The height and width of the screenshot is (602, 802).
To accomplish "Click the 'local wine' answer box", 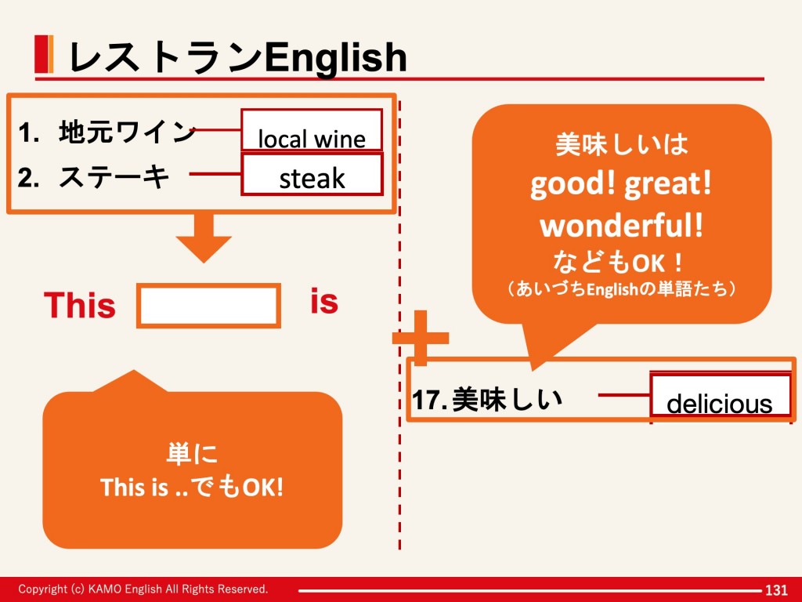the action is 312,130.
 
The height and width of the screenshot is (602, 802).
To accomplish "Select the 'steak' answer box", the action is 312,174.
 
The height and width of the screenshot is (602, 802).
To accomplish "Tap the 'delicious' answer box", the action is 721,395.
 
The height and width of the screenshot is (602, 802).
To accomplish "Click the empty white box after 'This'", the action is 208,306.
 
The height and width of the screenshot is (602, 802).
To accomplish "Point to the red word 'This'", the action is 80,305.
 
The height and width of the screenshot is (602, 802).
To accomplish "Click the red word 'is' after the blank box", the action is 324,301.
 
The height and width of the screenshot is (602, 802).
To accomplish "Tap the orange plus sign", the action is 421,338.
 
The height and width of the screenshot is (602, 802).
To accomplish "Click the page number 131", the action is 776,589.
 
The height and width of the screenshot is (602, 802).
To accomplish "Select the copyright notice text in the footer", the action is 143,589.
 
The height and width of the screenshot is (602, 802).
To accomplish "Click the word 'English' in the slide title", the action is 335,57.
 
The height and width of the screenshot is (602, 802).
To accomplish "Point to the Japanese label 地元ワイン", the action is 127,132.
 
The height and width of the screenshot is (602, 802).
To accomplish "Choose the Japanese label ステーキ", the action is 114,177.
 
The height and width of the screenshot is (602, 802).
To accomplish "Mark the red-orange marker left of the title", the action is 44,54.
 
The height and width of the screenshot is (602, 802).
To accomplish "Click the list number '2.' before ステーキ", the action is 28,178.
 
